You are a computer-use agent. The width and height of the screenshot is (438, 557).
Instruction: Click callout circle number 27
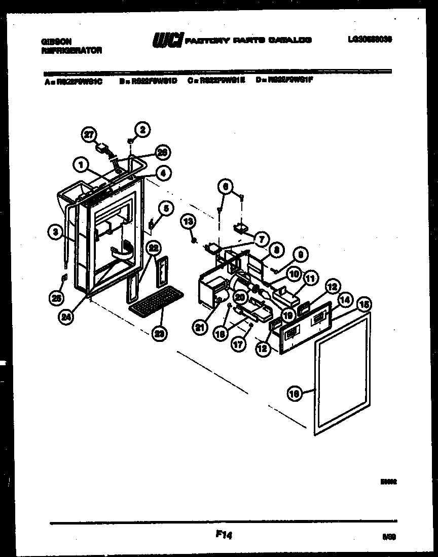coord(89,134)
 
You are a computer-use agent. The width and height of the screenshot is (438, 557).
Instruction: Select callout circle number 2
coord(142,130)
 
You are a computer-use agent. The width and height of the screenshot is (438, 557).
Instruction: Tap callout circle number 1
coord(80,163)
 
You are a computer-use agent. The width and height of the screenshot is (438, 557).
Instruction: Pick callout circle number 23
coord(160,333)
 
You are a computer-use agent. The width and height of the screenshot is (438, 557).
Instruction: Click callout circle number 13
coord(188,221)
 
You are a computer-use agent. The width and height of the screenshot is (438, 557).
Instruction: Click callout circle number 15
coord(363,304)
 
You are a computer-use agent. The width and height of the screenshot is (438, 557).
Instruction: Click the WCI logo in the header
coord(167,40)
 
